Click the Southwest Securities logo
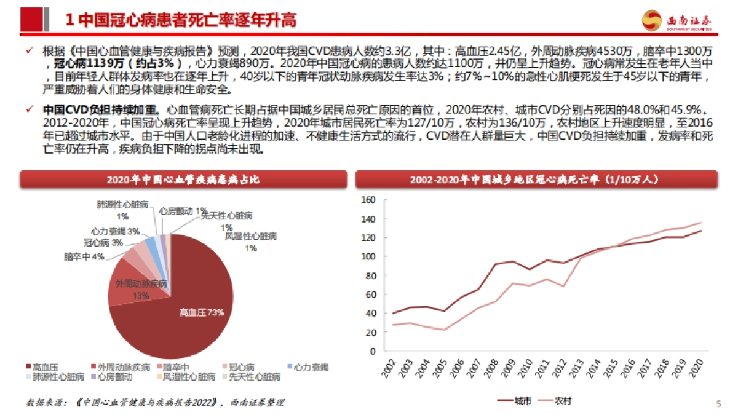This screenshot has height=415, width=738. pyautogui.click(x=677, y=21)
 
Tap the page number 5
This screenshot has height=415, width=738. pyautogui.click(x=718, y=403)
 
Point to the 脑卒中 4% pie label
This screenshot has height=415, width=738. pyautogui.click(x=84, y=256)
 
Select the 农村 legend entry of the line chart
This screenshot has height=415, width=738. pyautogui.click(x=555, y=401)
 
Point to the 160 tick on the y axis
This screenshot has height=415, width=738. pyautogui.click(x=368, y=200)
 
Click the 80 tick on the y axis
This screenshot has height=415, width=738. pyautogui.click(x=370, y=275)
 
